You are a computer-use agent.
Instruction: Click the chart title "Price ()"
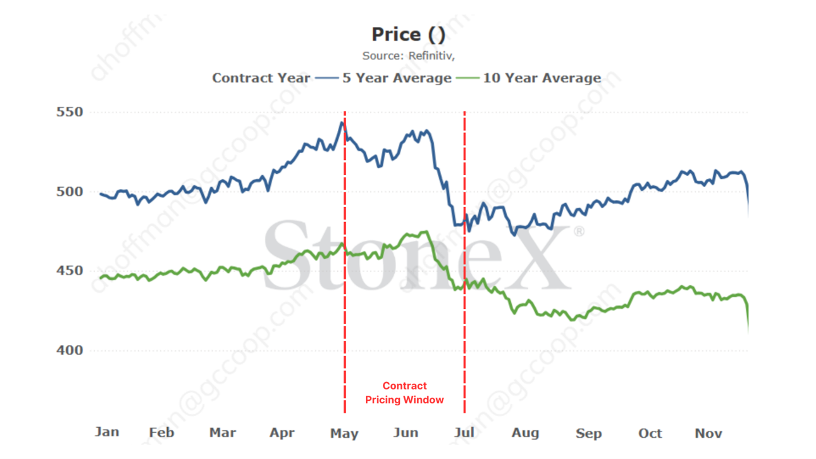(408, 35)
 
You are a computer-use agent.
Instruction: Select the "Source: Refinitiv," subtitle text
(408, 56)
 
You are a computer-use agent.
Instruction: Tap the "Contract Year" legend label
(261, 78)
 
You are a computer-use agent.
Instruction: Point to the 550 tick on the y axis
(70, 112)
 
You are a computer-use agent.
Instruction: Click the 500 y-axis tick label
(70, 191)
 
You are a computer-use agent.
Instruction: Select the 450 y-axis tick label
(70, 271)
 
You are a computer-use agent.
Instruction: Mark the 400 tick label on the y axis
(70, 350)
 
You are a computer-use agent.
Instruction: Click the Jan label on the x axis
(107, 432)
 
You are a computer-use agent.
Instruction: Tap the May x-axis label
(344, 434)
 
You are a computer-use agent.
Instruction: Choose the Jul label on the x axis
(464, 433)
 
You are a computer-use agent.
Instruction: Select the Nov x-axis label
(708, 434)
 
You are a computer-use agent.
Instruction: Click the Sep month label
(588, 434)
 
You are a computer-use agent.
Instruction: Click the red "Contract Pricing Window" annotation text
(404, 393)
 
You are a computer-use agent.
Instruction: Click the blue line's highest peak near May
(342, 122)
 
